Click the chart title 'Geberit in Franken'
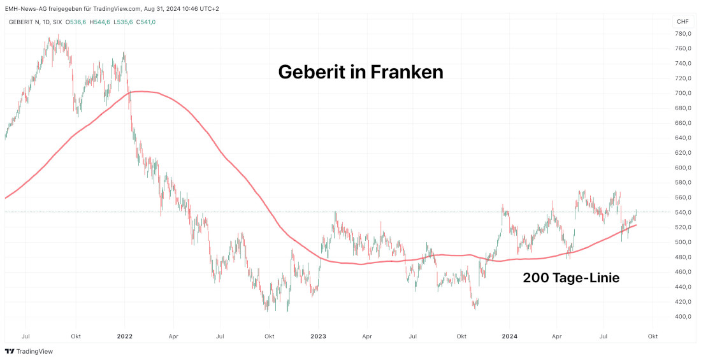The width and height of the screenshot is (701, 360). pos(360,72)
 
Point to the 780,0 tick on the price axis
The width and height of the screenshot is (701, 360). pos(683,34)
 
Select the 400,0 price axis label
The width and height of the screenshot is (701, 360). pos(683,317)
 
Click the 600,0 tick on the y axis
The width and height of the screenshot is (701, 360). pos(683,168)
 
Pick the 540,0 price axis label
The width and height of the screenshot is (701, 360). pos(683,212)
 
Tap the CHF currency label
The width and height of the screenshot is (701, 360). pos(682,22)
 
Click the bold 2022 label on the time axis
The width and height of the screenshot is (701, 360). pos(125,335)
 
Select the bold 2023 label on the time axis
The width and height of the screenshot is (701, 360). pos(318,335)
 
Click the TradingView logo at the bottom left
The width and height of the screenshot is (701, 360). pos(29,351)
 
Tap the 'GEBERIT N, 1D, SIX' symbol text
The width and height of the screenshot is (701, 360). pos(36,22)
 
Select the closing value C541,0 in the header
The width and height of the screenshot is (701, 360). pos(145,22)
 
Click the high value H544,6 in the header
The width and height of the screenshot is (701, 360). pos(99,22)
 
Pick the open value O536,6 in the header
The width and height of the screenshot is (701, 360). pos(76,22)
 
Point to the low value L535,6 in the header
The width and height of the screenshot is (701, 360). pos(122,22)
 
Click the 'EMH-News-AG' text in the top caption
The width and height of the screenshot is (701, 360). pos(24,8)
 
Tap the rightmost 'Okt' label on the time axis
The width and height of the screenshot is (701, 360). pos(652,335)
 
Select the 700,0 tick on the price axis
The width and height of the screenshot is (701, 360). pos(683,93)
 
